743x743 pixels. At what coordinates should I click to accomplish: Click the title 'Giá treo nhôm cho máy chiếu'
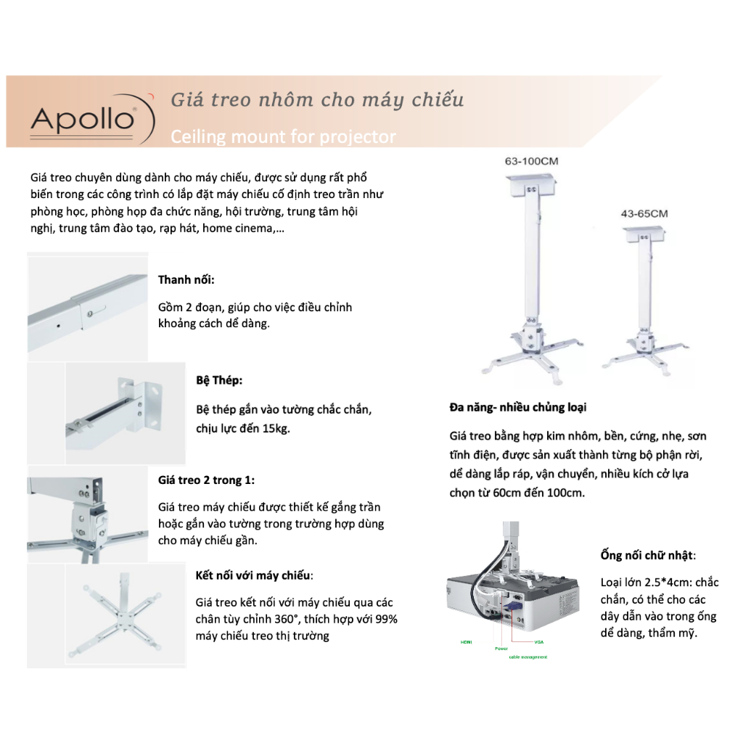[x=316, y=99]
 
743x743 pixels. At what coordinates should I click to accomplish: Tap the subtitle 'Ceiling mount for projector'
[x=283, y=136]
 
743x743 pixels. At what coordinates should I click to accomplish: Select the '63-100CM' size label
[x=531, y=161]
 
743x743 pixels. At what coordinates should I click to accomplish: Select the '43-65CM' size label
[x=644, y=213]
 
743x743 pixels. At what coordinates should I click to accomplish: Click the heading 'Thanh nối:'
[x=186, y=279]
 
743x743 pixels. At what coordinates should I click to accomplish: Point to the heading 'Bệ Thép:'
[x=219, y=380]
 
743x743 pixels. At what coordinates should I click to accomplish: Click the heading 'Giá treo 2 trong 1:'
[x=206, y=480]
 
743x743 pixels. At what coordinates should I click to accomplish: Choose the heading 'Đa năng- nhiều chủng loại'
[x=518, y=408]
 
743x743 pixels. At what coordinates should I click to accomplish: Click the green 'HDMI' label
[x=466, y=642]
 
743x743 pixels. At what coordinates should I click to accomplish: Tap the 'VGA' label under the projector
[x=538, y=642]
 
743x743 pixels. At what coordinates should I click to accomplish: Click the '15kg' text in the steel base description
[x=276, y=428]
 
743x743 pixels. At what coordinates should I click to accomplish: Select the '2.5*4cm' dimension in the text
[x=668, y=583]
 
